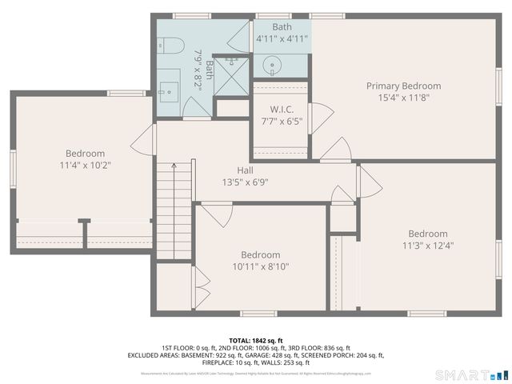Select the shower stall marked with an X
(x=231, y=77)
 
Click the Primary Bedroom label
(x=403, y=86)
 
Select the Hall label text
(x=246, y=170)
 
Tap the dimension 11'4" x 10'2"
(x=85, y=166)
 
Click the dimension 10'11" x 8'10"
(x=260, y=267)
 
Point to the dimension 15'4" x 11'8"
(x=403, y=98)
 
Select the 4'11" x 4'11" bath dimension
(x=282, y=38)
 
